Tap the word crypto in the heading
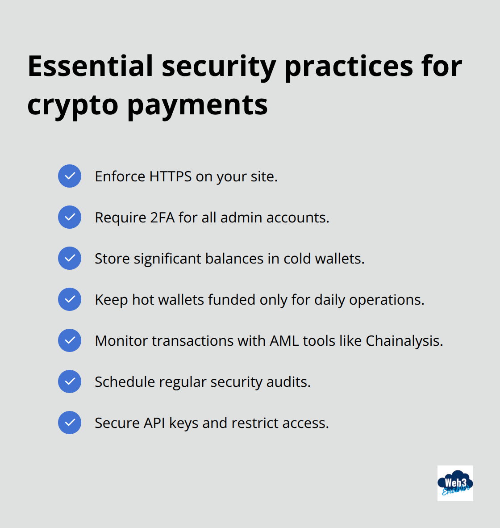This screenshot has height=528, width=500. coord(72,105)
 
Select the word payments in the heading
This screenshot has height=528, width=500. coord(198,105)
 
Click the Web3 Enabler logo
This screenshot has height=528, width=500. coord(455,483)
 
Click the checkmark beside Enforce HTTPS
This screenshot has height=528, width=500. coord(70,176)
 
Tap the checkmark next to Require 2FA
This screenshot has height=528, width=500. coord(70,217)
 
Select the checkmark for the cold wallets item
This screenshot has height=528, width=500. coord(70,258)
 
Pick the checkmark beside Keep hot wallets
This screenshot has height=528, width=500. coord(70,299)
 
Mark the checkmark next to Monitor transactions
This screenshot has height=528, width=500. coord(70,340)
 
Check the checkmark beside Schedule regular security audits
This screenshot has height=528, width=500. coord(70,381)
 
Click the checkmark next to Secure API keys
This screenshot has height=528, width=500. coord(70,423)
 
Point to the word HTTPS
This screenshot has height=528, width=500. coord(170,176)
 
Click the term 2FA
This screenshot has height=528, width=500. coord(162,218)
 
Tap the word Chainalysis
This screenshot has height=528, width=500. coord(404,341)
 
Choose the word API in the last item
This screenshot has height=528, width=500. coord(154,423)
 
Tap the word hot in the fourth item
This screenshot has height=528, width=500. coord(143,300)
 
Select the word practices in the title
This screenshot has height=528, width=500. coord(349,66)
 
